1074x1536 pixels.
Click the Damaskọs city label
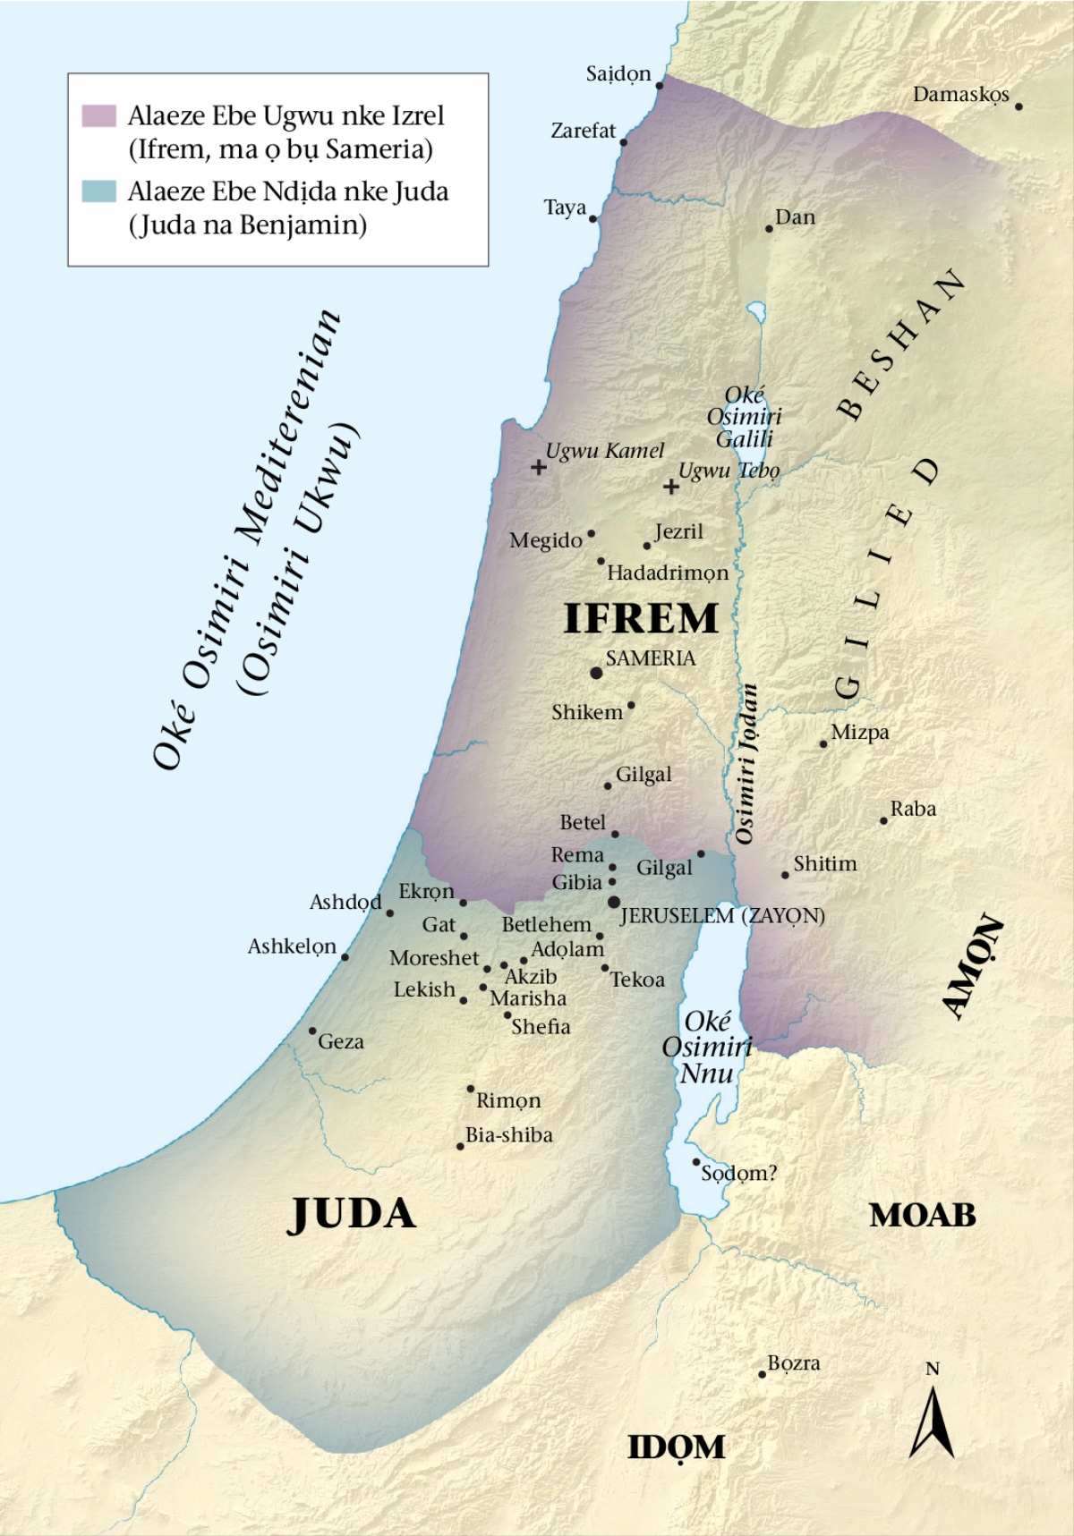[x=960, y=95]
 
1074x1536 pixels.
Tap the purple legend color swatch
[x=99, y=115]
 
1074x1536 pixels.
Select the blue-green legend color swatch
[x=99, y=191]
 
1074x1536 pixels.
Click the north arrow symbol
[x=932, y=1422]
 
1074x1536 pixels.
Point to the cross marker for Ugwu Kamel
[x=538, y=467]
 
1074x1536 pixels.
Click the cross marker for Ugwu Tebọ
[x=670, y=487]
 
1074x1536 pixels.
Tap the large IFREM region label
[x=641, y=619]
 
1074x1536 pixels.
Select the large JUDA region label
[x=352, y=1214]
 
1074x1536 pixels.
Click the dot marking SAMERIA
[x=596, y=673]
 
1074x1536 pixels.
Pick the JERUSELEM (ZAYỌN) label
[x=722, y=916]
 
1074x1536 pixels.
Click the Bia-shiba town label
[x=509, y=1135]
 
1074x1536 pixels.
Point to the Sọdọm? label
[x=738, y=1173]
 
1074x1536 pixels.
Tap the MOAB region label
[x=923, y=1215]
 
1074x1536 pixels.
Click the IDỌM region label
[x=676, y=1447]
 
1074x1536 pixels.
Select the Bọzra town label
[x=793, y=1363]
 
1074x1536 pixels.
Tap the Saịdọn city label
[x=618, y=74]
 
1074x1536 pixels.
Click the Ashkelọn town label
[x=292, y=946]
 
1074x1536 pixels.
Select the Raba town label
[x=913, y=809]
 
